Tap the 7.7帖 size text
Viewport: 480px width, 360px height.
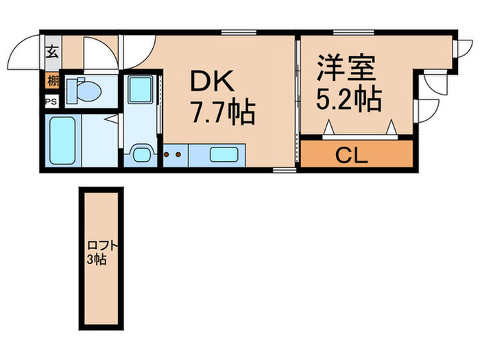pos(223,112)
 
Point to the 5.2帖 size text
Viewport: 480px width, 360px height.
pos(348,101)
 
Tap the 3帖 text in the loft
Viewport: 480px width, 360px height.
pos(96,261)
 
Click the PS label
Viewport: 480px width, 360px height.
pos(51,101)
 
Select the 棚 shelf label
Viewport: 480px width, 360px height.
pos(52,81)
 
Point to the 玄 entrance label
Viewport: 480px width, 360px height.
pos(52,51)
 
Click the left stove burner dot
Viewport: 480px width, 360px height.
pos(167,155)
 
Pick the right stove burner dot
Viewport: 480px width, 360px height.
pos(179,155)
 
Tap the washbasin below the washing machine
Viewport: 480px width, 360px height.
pos(142,152)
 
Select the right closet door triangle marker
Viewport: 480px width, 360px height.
pos(391,128)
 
